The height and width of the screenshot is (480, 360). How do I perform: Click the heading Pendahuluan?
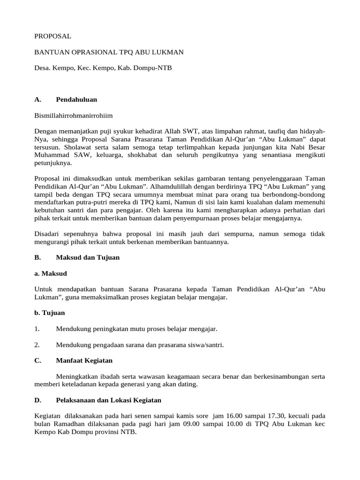pyautogui.click(x=76, y=99)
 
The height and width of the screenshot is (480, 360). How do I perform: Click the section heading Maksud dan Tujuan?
pyautogui.click(x=88, y=257)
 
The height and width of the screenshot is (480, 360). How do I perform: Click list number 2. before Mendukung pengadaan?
pyautogui.click(x=37, y=345)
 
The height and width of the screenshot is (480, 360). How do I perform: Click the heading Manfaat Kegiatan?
pyautogui.click(x=84, y=360)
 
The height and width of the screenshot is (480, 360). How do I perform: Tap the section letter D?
pyautogui.click(x=37, y=400)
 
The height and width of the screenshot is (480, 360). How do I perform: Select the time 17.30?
pyautogui.click(x=266, y=416)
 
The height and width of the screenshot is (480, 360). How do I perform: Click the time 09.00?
pyautogui.click(x=182, y=424)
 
